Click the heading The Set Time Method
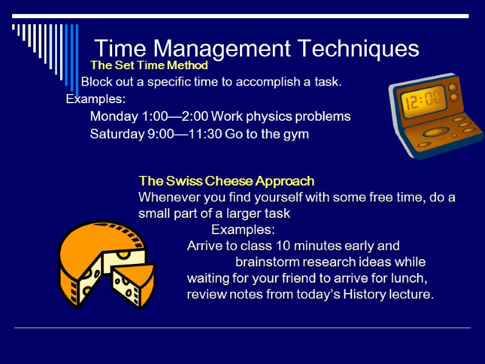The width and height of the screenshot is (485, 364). click(149, 65)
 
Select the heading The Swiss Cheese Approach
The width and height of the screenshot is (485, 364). click(226, 181)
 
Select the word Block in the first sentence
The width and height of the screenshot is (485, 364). click(96, 82)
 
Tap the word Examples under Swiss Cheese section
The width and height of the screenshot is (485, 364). click(243, 230)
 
